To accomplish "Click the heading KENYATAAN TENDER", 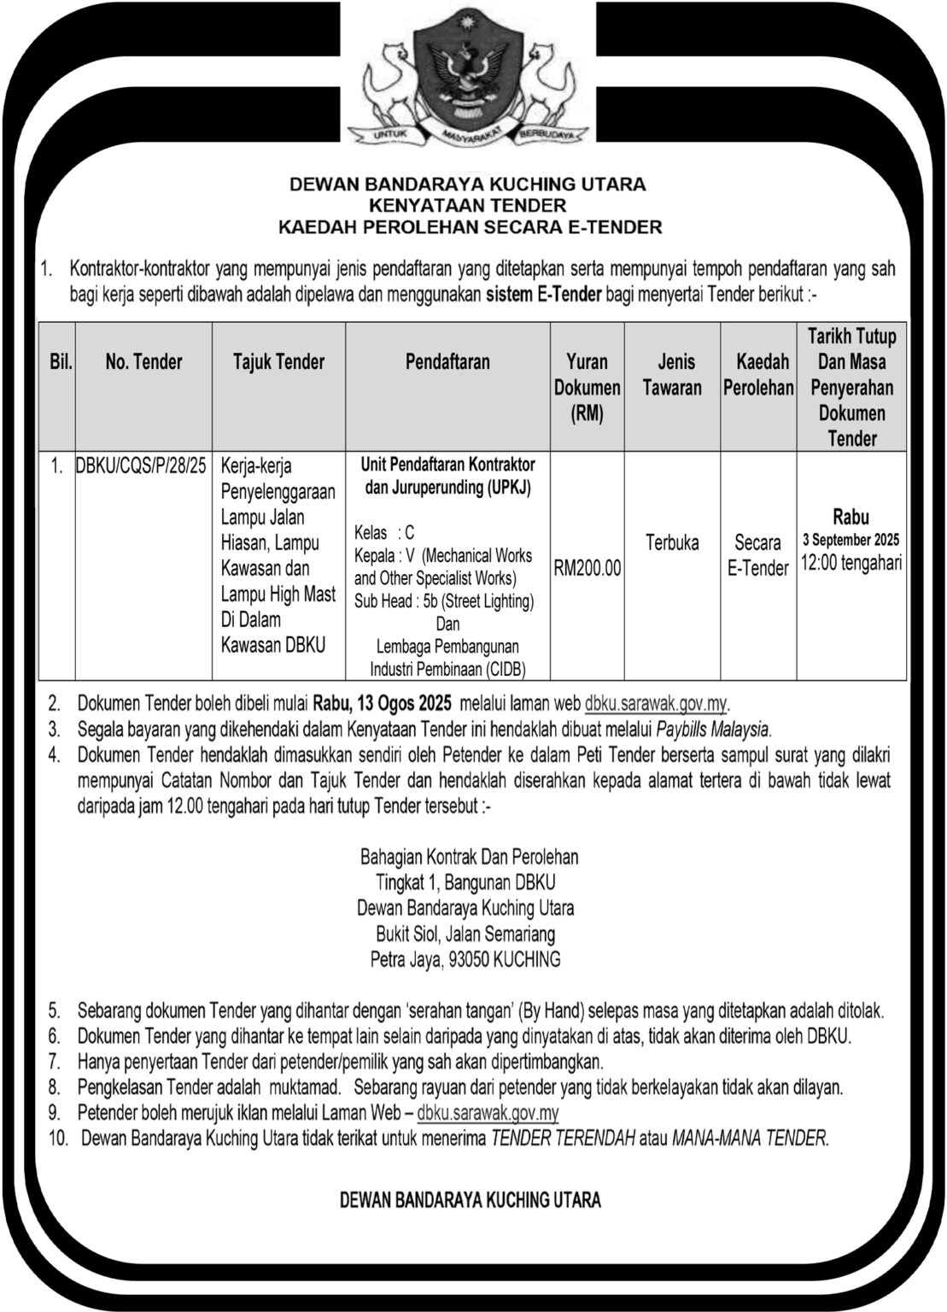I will (x=467, y=205).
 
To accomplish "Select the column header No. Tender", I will (x=143, y=362).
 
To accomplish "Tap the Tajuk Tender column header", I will (x=278, y=362).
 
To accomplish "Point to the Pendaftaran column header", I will (x=447, y=362).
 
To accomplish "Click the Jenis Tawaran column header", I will (x=672, y=375).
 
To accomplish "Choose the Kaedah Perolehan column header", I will (x=758, y=375).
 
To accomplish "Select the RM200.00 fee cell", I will (x=587, y=568).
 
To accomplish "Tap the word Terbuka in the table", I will (x=672, y=542).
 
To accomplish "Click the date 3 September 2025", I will (x=851, y=540).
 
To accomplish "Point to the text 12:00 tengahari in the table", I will (x=851, y=563).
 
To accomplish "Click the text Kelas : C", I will (x=384, y=532).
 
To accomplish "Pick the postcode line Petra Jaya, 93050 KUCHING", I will (x=465, y=958).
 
